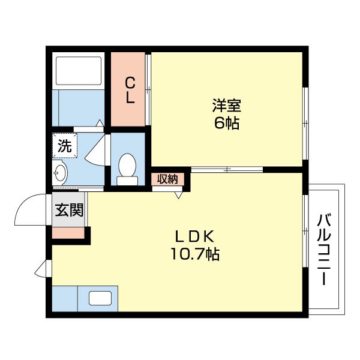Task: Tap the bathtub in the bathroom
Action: [79, 71]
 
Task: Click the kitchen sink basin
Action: [100, 298]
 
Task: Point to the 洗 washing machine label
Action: [65, 146]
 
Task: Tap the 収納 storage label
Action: [167, 179]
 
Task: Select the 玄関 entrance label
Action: [69, 209]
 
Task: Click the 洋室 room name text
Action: [227, 106]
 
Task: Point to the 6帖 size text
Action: [227, 123]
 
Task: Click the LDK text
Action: [194, 236]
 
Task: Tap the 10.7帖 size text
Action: [194, 254]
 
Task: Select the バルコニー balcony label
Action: [324, 249]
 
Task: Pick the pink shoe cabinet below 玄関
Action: [68, 233]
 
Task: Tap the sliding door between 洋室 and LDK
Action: [227, 170]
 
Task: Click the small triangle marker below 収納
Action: [178, 195]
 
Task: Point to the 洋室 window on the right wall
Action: [305, 123]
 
